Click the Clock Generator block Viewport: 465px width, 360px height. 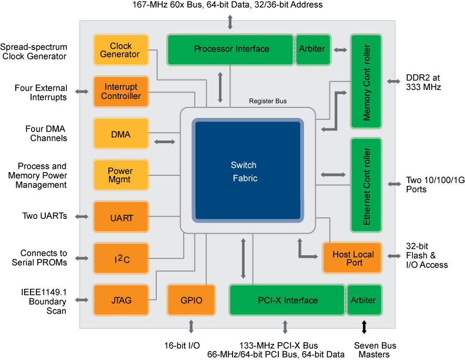point(120,50)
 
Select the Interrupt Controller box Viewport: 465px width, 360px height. point(120,92)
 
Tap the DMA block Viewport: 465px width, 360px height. point(120,134)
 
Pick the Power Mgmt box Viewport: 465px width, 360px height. point(120,175)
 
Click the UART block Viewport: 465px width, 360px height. point(120,217)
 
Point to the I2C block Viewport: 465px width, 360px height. point(120,258)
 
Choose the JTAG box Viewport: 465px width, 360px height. point(120,300)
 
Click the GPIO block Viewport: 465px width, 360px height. point(191,300)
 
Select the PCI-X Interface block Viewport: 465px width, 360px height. point(287,300)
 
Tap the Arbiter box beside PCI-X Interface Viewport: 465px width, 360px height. point(363,300)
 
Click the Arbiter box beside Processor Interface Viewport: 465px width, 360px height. point(312,49)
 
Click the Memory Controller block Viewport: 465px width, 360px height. point(366,82)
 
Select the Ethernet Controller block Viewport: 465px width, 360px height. point(366,185)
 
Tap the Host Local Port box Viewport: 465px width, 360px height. point(352,258)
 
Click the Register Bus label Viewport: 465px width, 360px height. point(268,101)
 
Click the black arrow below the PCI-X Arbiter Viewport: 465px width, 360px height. point(363,324)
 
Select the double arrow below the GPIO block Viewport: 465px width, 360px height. point(191,326)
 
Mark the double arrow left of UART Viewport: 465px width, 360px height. point(82,217)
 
